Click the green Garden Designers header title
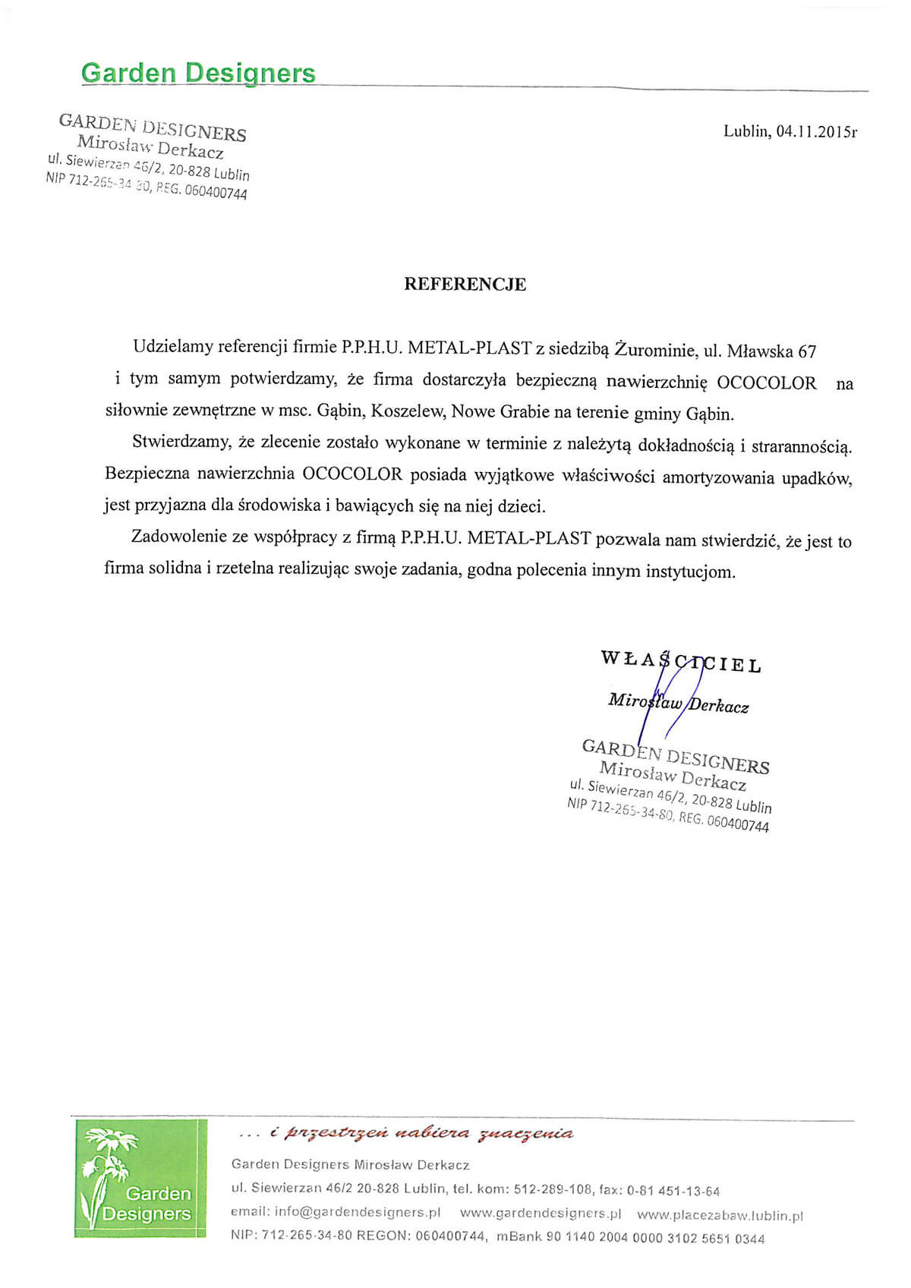(x=197, y=73)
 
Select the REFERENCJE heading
(x=465, y=284)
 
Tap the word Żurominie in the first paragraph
(x=655, y=349)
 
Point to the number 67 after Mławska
(x=806, y=351)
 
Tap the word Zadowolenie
(x=178, y=537)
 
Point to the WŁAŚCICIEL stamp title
(x=680, y=661)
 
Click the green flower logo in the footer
(x=140, y=1178)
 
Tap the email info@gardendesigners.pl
(x=357, y=1213)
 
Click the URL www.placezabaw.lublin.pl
(x=719, y=1215)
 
